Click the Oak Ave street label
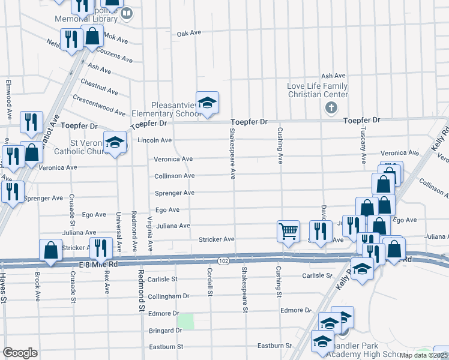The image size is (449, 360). pyautogui.click(x=188, y=33)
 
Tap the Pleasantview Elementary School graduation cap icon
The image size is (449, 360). pyautogui.click(x=207, y=103)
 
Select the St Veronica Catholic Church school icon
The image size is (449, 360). pyautogui.click(x=115, y=143)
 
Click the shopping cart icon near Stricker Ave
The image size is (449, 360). pyautogui.click(x=289, y=232)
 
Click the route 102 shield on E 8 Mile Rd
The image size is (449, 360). pyautogui.click(x=223, y=260)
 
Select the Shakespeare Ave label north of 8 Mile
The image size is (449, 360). pyautogui.click(x=232, y=153)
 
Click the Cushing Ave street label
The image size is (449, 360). pyautogui.click(x=280, y=145)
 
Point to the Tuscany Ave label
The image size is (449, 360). pyautogui.click(x=363, y=145)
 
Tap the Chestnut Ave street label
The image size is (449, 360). pyautogui.click(x=99, y=86)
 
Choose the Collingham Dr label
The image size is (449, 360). pyautogui.click(x=169, y=296)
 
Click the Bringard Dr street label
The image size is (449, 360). pyautogui.click(x=165, y=331)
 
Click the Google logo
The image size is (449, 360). pyautogui.click(x=20, y=353)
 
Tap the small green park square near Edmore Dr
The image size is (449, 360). pyautogui.click(x=186, y=322)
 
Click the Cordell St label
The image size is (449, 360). pyautogui.click(x=210, y=282)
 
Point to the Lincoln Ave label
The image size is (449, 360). pyautogui.click(x=155, y=140)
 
